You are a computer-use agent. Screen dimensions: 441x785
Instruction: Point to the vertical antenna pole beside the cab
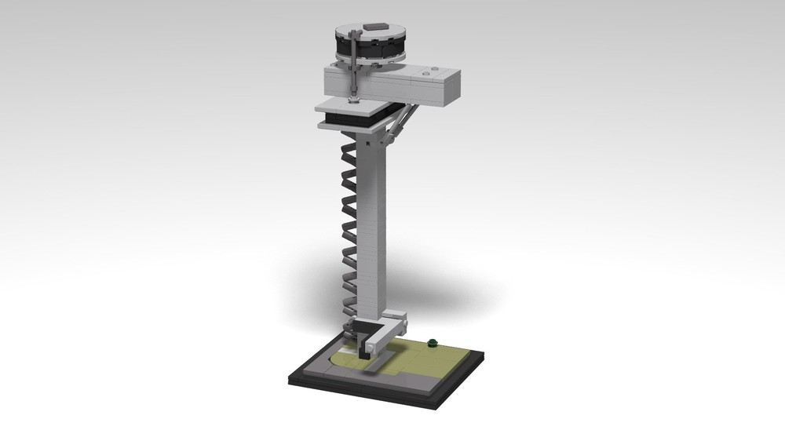point(355,67)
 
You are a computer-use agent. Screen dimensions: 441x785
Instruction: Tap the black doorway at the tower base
point(363,346)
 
